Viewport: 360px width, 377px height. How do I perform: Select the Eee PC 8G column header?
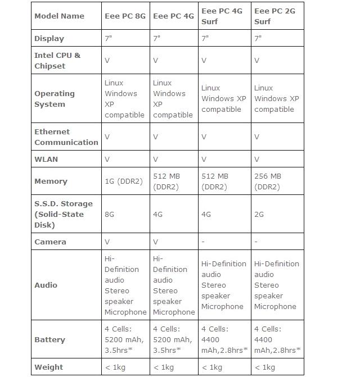click(x=125, y=16)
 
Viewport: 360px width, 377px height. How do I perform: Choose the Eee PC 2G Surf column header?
click(x=276, y=16)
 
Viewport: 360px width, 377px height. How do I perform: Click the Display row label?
click(x=49, y=39)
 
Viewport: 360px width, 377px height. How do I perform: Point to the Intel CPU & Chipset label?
click(x=57, y=61)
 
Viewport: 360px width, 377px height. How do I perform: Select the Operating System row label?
click(x=55, y=99)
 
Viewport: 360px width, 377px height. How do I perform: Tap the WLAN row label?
click(x=46, y=159)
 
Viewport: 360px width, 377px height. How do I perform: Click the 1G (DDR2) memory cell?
click(x=124, y=181)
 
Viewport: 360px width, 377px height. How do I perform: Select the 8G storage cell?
click(x=110, y=214)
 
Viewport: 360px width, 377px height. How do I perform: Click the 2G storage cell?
click(x=260, y=214)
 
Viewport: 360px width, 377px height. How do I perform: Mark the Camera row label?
click(x=50, y=242)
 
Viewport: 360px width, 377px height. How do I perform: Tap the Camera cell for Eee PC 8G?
click(x=107, y=242)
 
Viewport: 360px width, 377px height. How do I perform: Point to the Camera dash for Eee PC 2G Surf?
click(x=256, y=242)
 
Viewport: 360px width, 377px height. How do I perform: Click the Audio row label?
click(x=46, y=285)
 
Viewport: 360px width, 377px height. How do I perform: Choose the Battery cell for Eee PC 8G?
click(x=124, y=339)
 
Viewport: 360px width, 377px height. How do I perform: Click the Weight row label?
click(x=48, y=367)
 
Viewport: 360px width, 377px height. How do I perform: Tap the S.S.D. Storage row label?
click(x=64, y=214)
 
